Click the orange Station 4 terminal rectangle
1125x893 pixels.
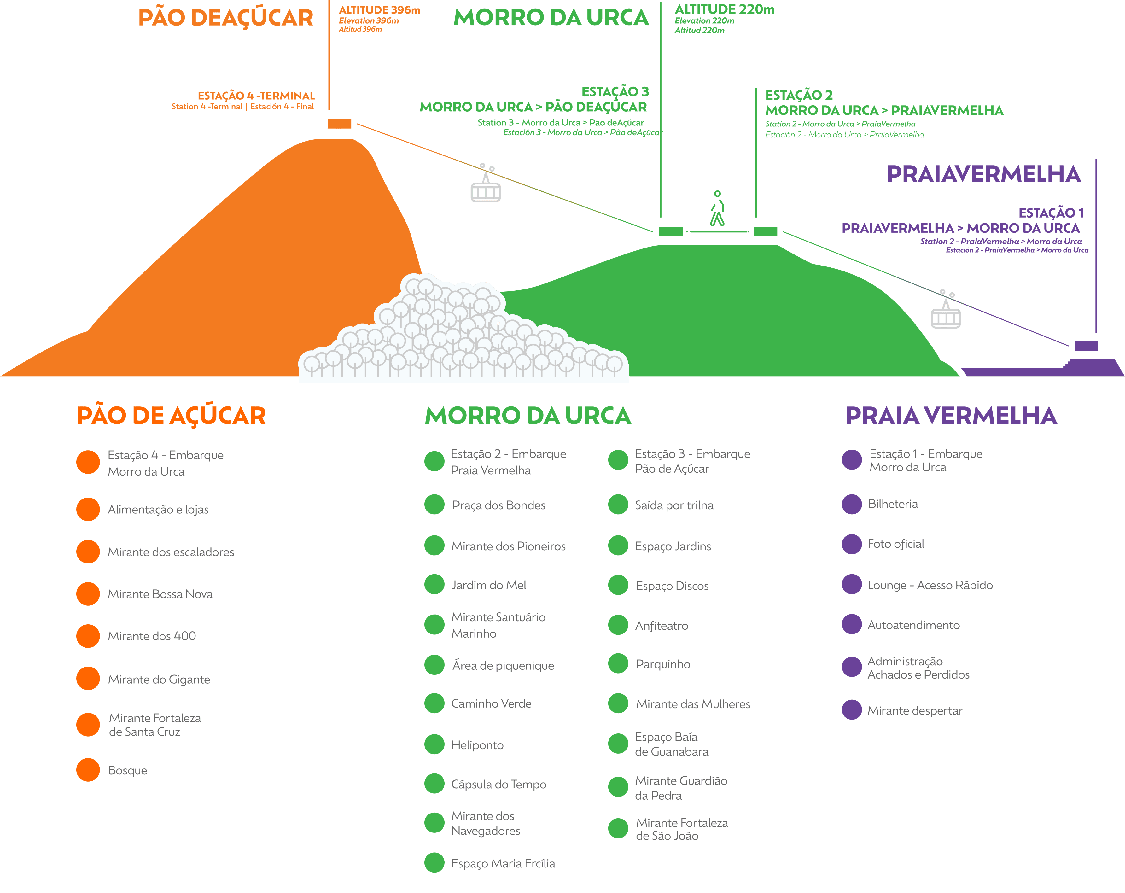tap(340, 124)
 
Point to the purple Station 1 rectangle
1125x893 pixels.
tap(1087, 346)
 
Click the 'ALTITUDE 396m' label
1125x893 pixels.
tap(379, 10)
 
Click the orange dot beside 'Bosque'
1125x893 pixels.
tap(88, 770)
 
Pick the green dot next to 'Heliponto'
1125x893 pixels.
tap(434, 744)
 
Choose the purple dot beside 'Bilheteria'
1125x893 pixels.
tap(852, 504)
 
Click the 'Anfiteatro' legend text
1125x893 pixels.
tap(662, 625)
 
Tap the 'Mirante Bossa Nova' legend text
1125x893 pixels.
tap(160, 594)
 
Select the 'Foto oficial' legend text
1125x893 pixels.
tap(896, 544)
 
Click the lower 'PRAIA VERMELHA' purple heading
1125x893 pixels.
tap(951, 416)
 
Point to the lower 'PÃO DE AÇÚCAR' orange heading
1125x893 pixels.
tap(171, 416)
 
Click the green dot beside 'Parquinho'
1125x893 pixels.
tap(618, 663)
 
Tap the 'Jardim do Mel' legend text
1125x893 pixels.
tap(489, 585)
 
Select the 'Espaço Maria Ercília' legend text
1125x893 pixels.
tap(503, 863)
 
